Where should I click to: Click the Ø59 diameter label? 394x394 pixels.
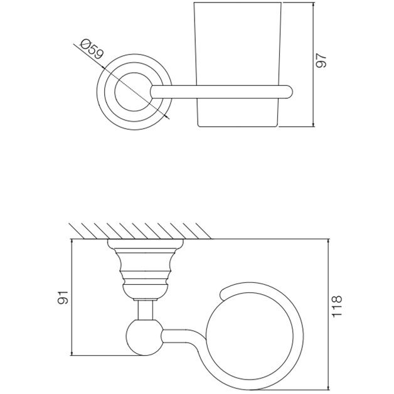92,50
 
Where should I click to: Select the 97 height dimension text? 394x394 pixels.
321,60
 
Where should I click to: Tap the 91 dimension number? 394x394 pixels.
63,297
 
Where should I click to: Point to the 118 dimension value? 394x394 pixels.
337,306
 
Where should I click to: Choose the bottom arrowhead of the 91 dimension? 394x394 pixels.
72,353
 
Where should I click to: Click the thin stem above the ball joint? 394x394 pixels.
146,311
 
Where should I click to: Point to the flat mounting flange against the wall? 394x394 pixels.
146,243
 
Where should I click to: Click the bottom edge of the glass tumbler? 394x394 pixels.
238,126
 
